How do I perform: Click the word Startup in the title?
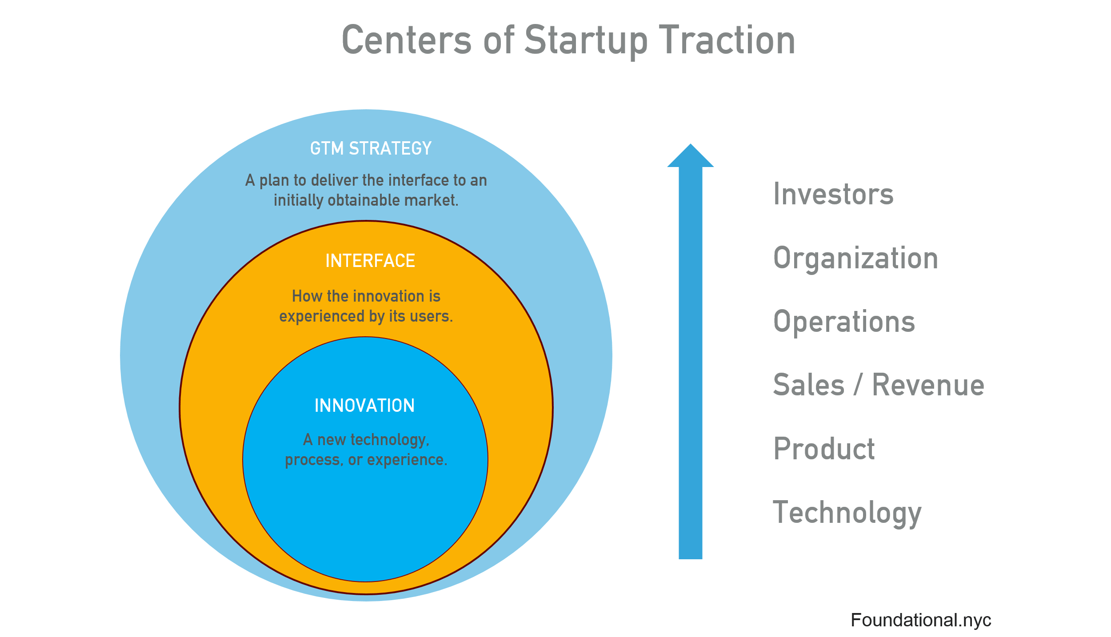pos(586,41)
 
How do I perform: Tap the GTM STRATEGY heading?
pos(371,148)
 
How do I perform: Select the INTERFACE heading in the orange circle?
pos(370,261)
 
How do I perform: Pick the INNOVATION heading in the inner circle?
pos(364,406)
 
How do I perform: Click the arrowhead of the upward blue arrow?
pos(690,157)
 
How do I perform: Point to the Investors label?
pos(833,194)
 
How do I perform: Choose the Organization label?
pos(855,258)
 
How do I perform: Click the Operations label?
pos(844,322)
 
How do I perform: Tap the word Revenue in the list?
pos(928,385)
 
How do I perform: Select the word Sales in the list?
pos(809,385)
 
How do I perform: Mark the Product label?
pos(824,449)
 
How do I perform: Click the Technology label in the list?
pos(847,513)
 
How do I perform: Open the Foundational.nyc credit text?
pos(920,620)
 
